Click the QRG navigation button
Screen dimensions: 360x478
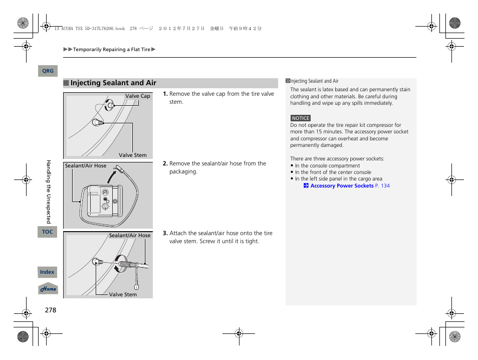48,71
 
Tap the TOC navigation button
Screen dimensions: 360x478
47,232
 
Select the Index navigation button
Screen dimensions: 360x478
47,272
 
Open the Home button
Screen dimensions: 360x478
48,289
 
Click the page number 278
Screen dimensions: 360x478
50,310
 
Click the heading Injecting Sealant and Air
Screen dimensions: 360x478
113,83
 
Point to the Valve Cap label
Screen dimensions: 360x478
137,96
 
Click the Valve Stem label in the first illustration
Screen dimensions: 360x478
132,155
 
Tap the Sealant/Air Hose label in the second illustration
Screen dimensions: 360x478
86,166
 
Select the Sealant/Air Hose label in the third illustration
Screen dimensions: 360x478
130,235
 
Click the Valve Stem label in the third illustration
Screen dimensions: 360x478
123,294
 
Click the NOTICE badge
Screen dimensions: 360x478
301,118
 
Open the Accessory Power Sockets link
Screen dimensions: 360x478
342,186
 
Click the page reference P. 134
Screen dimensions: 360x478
382,186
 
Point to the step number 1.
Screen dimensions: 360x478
165,94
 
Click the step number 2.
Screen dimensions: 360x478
165,163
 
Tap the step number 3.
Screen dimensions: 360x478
165,233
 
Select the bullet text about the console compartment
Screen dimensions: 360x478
327,165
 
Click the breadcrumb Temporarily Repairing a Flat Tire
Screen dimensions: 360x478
111,50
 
